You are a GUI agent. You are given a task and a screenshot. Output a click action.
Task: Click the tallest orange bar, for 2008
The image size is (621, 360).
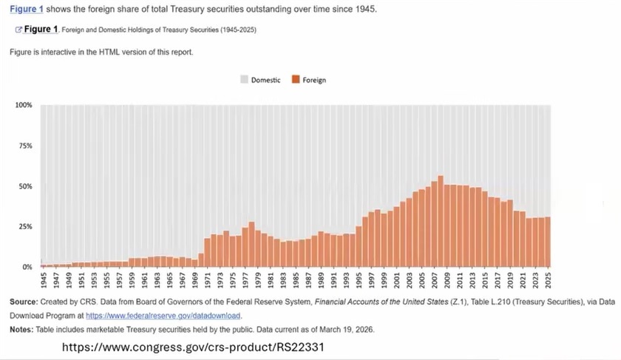pyautogui.click(x=441, y=221)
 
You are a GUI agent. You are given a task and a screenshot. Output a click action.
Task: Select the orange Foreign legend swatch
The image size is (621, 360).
pyautogui.click(x=296, y=79)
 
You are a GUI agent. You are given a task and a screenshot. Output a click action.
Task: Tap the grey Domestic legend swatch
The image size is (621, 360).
pyautogui.click(x=244, y=79)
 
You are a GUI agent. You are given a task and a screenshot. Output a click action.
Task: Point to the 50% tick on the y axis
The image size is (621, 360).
pyautogui.click(x=25, y=186)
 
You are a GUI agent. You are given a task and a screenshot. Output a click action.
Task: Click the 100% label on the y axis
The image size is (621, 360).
pyautogui.click(x=24, y=105)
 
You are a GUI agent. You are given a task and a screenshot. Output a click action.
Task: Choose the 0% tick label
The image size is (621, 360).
pyautogui.click(x=27, y=267)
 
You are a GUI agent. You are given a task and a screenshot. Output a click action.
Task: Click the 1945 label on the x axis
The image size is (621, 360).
pyautogui.click(x=44, y=280)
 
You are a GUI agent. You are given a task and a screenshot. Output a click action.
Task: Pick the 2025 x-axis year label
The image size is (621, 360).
pyautogui.click(x=548, y=280)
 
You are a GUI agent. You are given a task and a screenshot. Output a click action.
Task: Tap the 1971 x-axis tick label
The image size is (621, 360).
pyautogui.click(x=208, y=280)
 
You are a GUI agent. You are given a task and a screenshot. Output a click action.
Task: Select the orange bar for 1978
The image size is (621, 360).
pyautogui.click(x=251, y=245)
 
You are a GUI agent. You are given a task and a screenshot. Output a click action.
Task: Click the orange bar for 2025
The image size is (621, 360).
pyautogui.click(x=548, y=242)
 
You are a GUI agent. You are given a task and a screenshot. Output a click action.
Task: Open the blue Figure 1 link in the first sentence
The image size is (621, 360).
pyautogui.click(x=26, y=9)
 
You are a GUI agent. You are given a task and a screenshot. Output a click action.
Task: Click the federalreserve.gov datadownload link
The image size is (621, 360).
pyautogui.click(x=163, y=316)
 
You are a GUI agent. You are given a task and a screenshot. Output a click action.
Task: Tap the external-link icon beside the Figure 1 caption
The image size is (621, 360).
pyautogui.click(x=18, y=30)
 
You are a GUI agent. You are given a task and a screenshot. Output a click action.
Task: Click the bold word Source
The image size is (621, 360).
pyautogui.click(x=24, y=302)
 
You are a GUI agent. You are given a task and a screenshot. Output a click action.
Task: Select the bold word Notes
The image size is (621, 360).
pyautogui.click(x=21, y=330)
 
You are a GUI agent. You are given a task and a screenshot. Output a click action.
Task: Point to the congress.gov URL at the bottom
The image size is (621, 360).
pyautogui.click(x=193, y=347)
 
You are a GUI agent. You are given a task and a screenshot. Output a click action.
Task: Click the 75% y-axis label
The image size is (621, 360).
pyautogui.click(x=25, y=146)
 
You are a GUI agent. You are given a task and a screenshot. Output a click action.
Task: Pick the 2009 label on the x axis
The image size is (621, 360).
pyautogui.click(x=447, y=280)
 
